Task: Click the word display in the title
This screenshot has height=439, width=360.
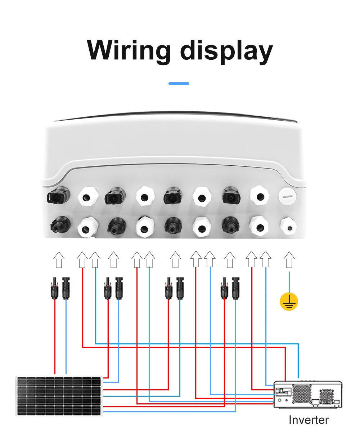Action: [x=226, y=51]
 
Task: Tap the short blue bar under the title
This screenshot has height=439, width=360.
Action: [x=179, y=84]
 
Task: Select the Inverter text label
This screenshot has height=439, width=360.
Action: [x=309, y=420]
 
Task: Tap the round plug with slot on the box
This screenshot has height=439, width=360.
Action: [x=288, y=196]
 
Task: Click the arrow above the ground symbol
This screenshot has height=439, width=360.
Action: [x=289, y=260]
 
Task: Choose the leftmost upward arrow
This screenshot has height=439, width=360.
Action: [x=59, y=260]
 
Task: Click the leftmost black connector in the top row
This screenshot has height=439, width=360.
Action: [x=58, y=195]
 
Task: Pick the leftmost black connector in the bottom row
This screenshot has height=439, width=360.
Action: [x=60, y=224]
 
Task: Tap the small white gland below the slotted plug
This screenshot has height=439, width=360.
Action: [x=288, y=226]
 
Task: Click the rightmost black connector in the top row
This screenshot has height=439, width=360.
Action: [x=231, y=196]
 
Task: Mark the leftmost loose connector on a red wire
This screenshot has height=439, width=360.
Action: [x=54, y=288]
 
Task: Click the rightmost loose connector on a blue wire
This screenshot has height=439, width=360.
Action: [x=235, y=288]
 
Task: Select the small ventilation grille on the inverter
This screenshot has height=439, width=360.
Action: [x=327, y=397]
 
